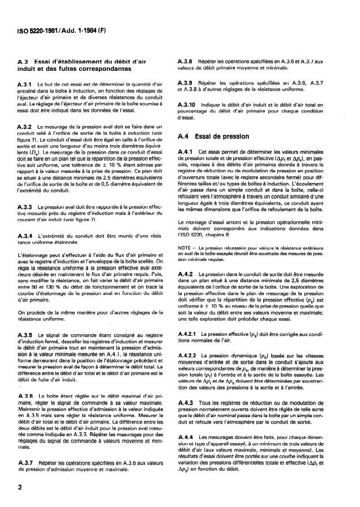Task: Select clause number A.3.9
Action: [x=190, y=83]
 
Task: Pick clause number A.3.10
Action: [x=191, y=105]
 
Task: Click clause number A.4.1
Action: [x=190, y=151]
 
